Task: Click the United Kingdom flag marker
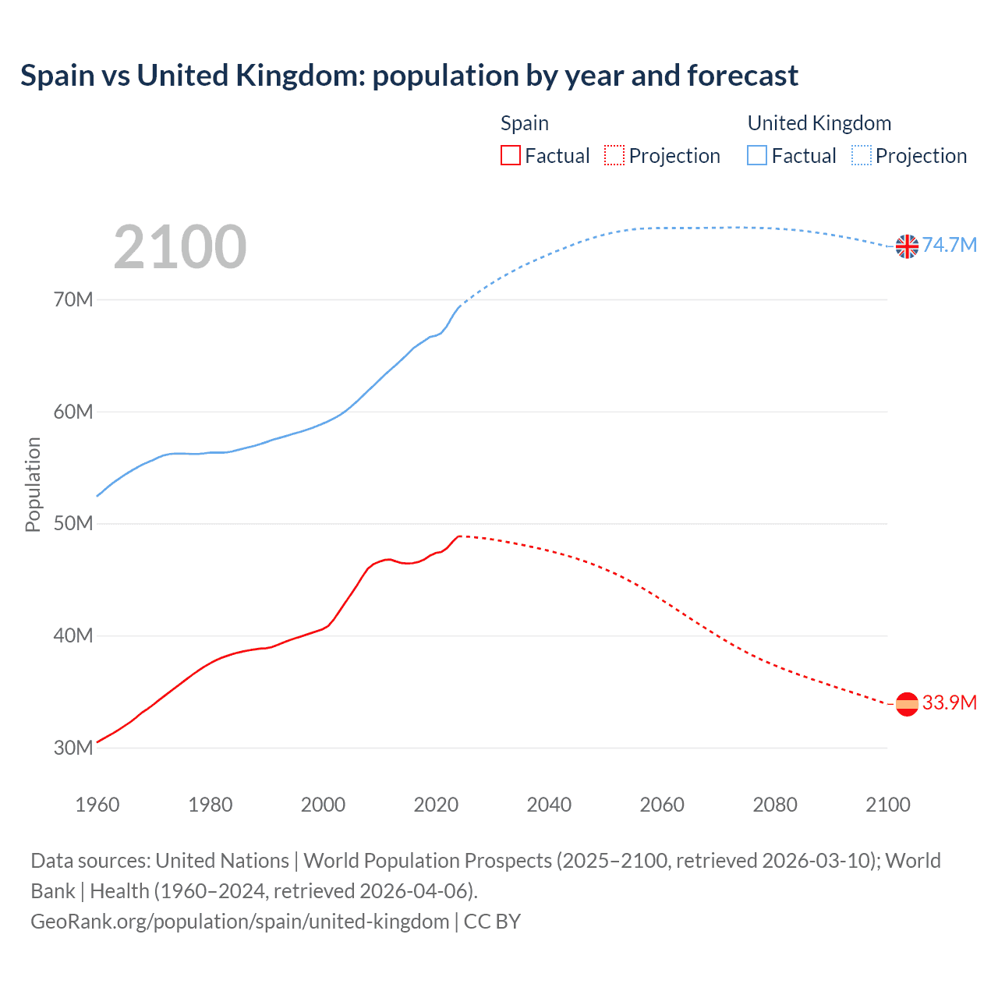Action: click(907, 246)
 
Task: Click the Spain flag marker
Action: click(907, 704)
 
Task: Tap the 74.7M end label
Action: click(950, 246)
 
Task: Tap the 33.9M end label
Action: click(950, 703)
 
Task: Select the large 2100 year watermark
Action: click(180, 247)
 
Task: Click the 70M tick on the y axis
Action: click(73, 299)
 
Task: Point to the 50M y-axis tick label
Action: click(73, 524)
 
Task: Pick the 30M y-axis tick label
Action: click(73, 748)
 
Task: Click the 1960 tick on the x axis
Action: click(97, 805)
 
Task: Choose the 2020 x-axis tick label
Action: click(436, 805)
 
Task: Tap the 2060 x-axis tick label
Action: click(662, 805)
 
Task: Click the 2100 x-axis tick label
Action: click(887, 805)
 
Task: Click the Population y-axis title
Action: click(33, 484)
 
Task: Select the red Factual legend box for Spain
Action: click(511, 156)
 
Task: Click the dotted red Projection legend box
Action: click(614, 156)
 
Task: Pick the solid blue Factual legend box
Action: click(757, 156)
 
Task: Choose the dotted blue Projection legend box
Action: click(862, 156)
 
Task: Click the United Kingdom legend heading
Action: click(819, 123)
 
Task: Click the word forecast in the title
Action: click(742, 76)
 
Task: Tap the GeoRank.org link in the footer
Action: click(240, 922)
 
